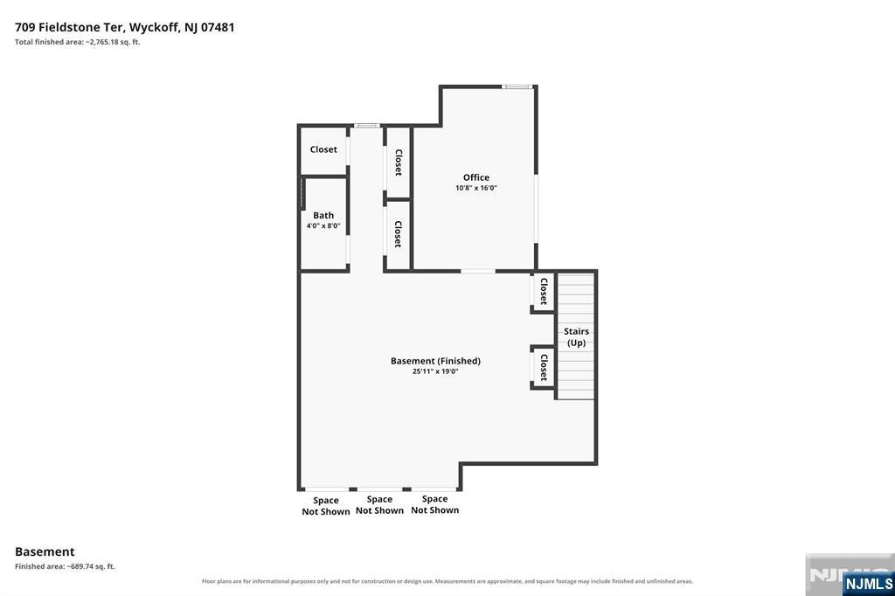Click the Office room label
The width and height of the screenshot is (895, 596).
click(476, 177)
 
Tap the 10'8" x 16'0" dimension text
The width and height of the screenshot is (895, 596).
click(476, 188)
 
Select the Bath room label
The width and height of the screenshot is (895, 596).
click(323, 215)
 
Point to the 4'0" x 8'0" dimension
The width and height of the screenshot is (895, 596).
click(323, 225)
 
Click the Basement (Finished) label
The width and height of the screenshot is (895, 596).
click(435, 361)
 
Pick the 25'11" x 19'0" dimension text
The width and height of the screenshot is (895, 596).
click(435, 371)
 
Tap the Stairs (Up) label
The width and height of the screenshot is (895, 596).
click(576, 336)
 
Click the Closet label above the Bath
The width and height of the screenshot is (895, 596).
click(323, 149)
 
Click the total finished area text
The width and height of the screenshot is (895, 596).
click(78, 42)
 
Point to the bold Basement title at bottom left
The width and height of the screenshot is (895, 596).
click(45, 551)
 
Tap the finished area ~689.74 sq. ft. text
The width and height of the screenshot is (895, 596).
click(65, 566)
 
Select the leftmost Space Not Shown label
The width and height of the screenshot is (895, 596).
click(326, 506)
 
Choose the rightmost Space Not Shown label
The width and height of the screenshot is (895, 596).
click(435, 504)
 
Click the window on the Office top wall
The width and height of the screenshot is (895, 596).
click(517, 87)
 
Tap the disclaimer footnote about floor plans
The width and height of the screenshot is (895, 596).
click(447, 581)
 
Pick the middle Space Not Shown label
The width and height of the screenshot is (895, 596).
click(379, 505)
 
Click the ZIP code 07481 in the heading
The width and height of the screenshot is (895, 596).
click(218, 27)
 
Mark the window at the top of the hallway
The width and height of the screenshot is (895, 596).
click(367, 126)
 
